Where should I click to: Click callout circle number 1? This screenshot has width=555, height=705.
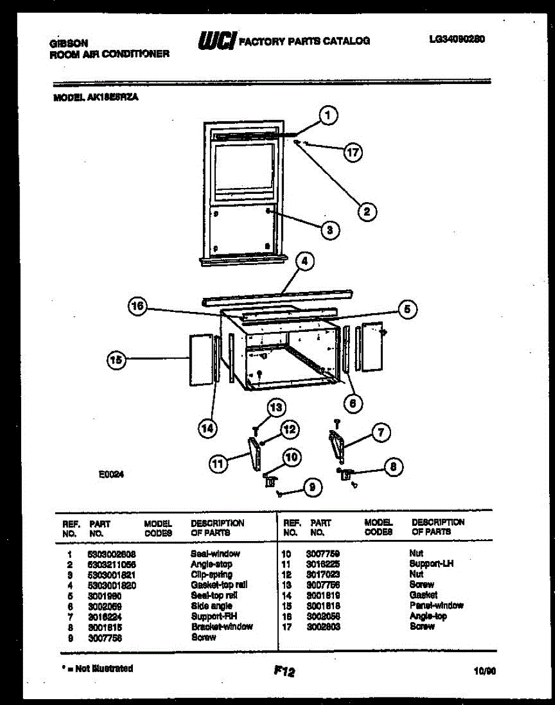328,116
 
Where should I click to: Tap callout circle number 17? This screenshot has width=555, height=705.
352,153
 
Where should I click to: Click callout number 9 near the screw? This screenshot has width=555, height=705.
313,486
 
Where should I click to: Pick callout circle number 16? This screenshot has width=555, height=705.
137,305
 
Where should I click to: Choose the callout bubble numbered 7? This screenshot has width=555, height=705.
380,434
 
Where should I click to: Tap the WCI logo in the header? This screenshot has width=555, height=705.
218,41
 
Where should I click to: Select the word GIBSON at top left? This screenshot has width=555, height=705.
69,43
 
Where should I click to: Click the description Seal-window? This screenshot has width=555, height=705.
215,553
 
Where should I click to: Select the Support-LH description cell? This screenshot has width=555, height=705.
432,563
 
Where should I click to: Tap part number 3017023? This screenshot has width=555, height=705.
323,574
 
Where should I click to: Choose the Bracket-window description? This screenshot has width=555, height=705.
222,626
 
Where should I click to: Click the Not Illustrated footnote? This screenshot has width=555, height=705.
97,669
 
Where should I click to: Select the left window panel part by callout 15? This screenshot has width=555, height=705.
200,359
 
